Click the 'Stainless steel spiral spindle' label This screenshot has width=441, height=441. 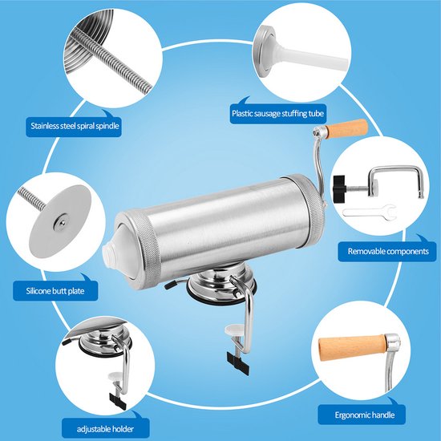tap(75, 126)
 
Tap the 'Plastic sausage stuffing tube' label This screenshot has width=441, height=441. tap(278, 114)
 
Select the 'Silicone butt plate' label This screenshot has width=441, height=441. tap(55, 291)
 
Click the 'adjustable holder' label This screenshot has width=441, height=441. tap(105, 429)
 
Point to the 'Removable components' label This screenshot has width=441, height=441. tap(388, 251)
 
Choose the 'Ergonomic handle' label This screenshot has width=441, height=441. tap(365, 415)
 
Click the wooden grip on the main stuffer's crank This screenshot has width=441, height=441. tap(347, 129)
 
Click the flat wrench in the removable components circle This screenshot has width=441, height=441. tap(370, 212)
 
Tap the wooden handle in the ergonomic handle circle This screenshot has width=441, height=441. tap(352, 347)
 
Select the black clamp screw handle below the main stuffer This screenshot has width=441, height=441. tap(238, 365)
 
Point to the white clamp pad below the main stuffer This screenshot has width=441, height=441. tap(234, 330)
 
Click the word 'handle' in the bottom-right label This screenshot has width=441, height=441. tap(382, 415)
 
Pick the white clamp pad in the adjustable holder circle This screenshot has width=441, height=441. tap(115, 376)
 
